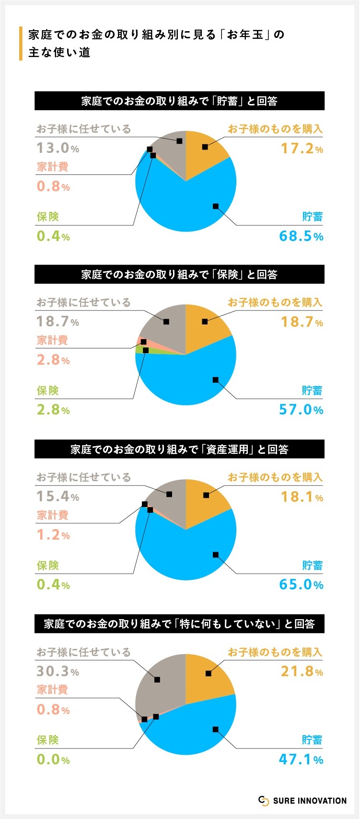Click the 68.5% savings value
pyautogui.click(x=301, y=236)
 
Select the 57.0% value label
pyautogui.click(x=301, y=410)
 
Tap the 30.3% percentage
pyautogui.click(x=58, y=671)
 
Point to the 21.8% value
pyautogui.click(x=302, y=671)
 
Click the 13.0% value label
pyautogui.click(x=58, y=148)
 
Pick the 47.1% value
pyautogui.click(x=301, y=760)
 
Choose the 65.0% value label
pyautogui.click(x=301, y=585)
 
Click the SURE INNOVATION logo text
pyautogui.click(x=309, y=800)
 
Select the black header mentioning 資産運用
pyautogui.click(x=179, y=449)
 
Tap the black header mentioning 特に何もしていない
pyautogui.click(x=179, y=624)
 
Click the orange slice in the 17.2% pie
pyautogui.click(x=204, y=149)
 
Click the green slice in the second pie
pyautogui.click(x=140, y=350)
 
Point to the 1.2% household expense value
pyautogui.click(x=53, y=535)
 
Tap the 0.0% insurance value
pyautogui.click(x=53, y=760)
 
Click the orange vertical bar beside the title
pyautogui.click(x=21, y=43)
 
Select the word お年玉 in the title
pyautogui.click(x=245, y=35)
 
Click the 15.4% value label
pyautogui.click(x=58, y=496)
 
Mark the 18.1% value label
pyautogui.click(x=302, y=496)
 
